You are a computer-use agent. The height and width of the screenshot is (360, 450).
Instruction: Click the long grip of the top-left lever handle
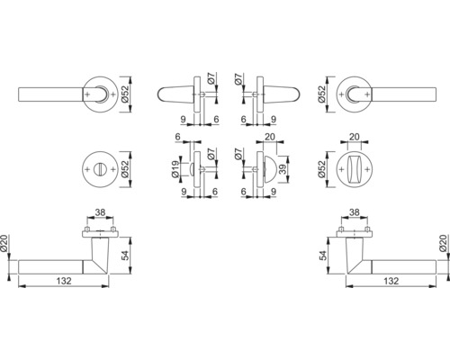click(49, 94)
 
